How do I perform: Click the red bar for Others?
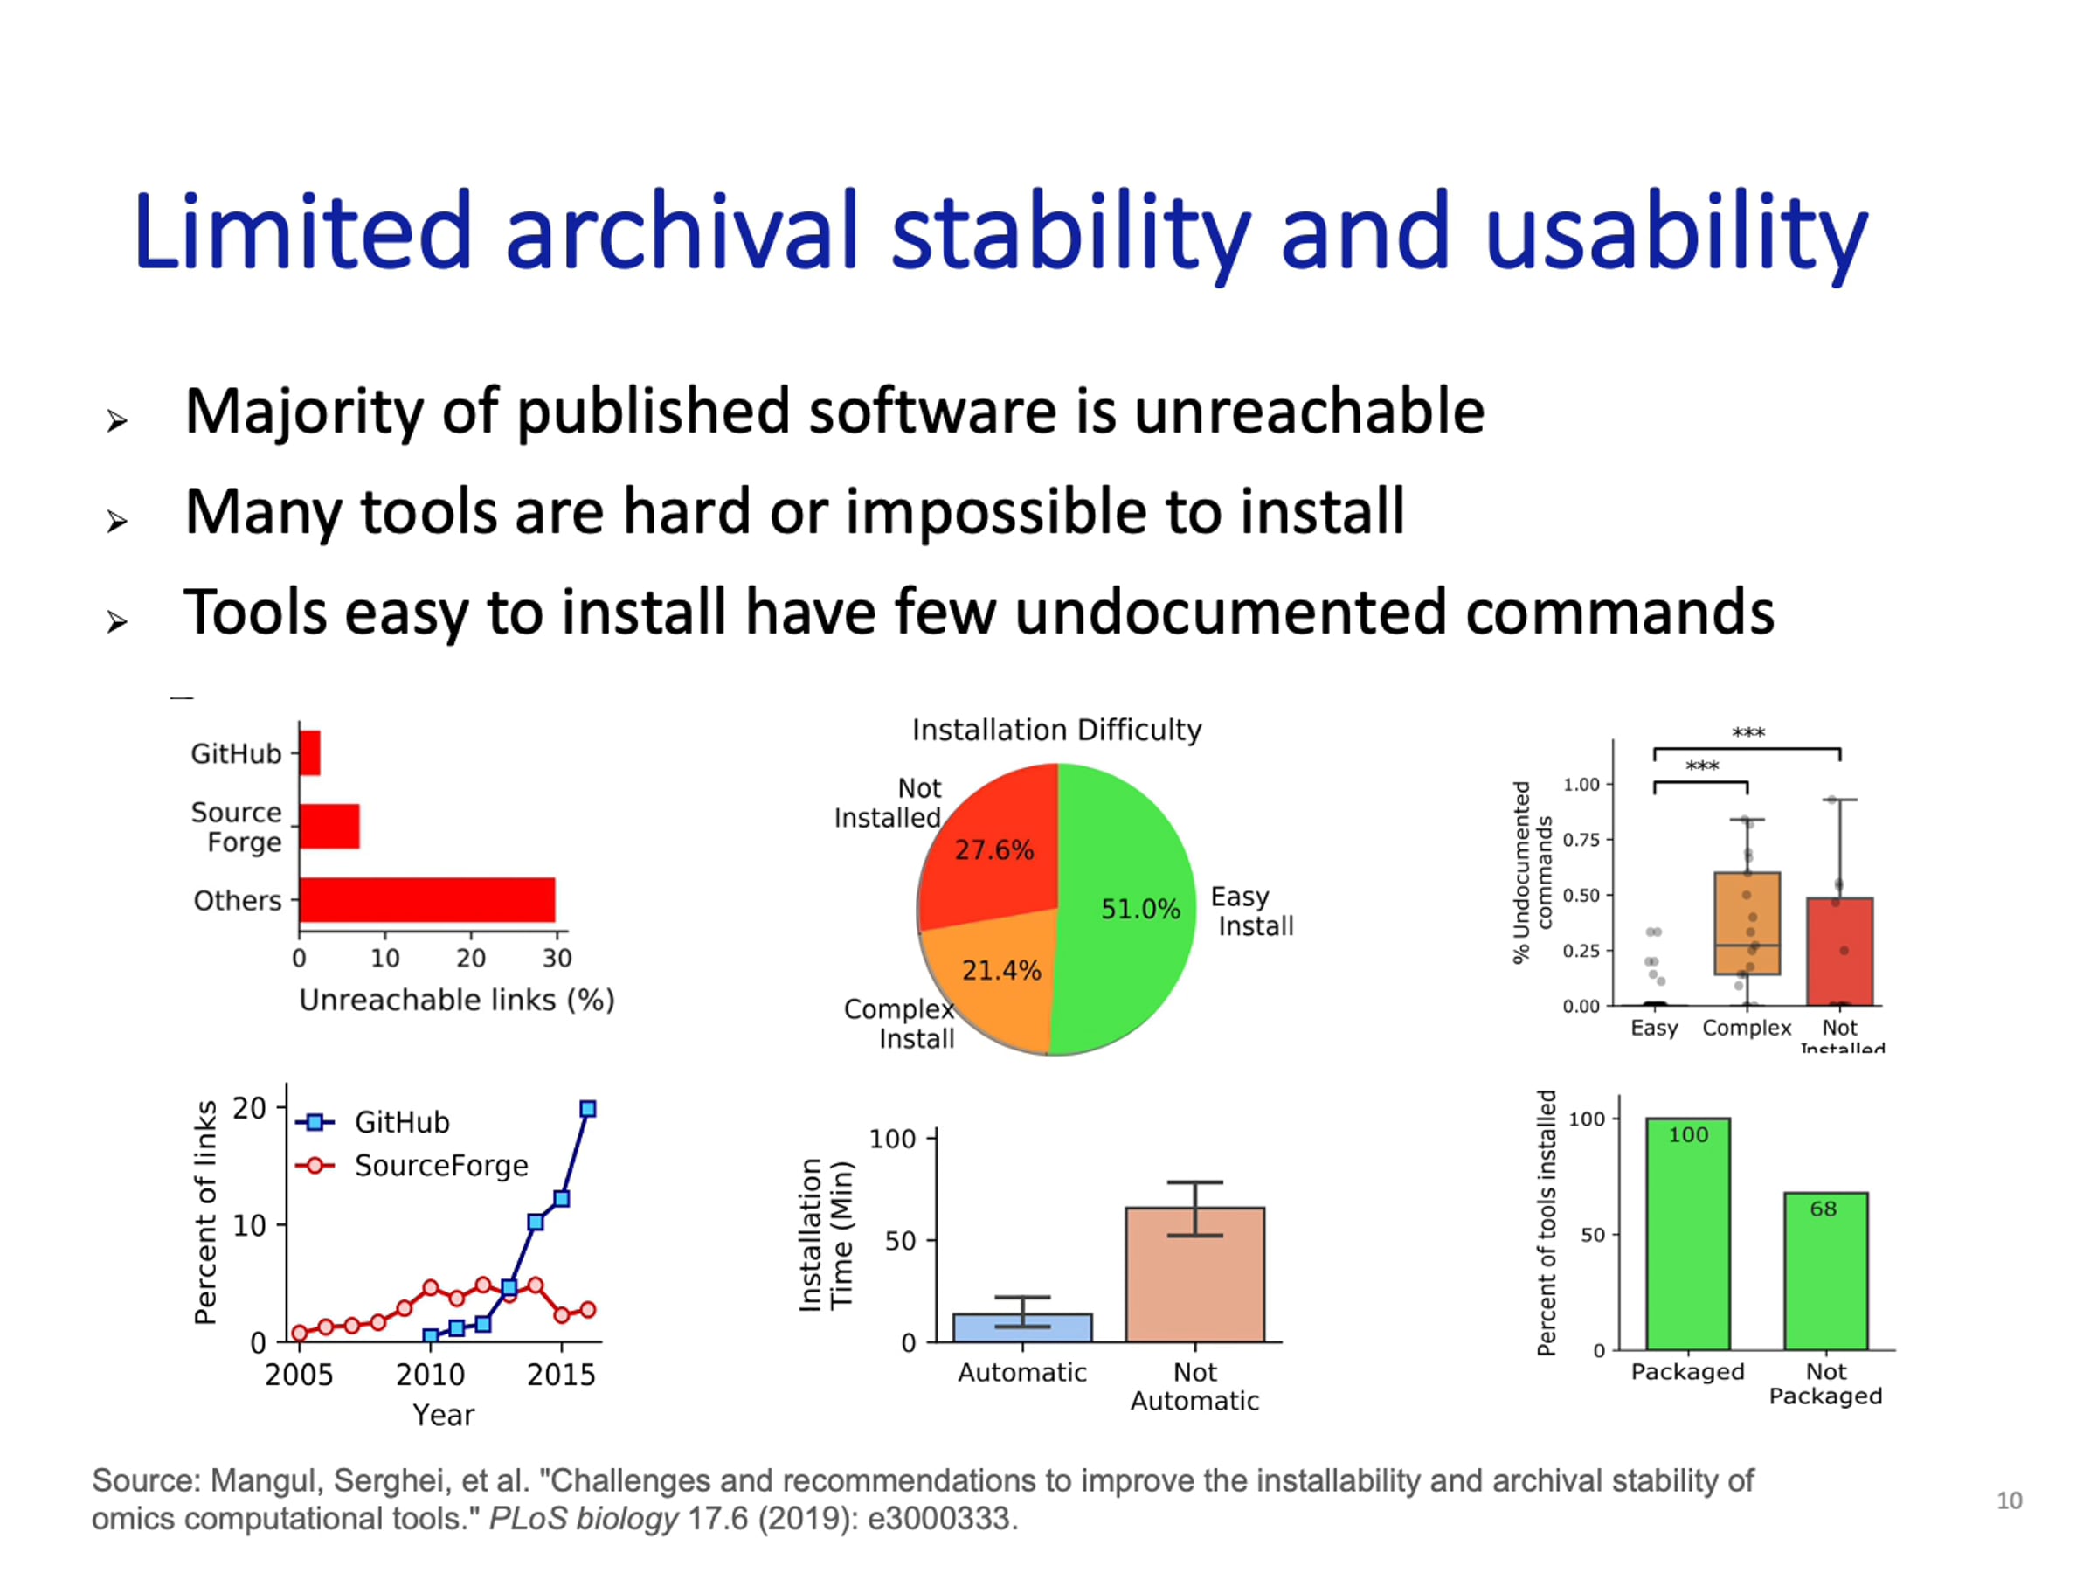click(426, 899)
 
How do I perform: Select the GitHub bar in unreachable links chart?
click(310, 752)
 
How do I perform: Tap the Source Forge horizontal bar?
click(329, 826)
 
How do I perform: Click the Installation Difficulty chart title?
click(1056, 729)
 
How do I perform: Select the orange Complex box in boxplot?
click(1747, 923)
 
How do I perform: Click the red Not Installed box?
click(1839, 951)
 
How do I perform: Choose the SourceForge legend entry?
click(412, 1164)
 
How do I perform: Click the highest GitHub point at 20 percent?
click(588, 1108)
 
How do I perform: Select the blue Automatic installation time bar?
click(1022, 1327)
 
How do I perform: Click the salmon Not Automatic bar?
click(1194, 1274)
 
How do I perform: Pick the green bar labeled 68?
click(1826, 1271)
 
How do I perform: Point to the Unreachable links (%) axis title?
click(457, 1000)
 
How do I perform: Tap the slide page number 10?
click(2009, 1501)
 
